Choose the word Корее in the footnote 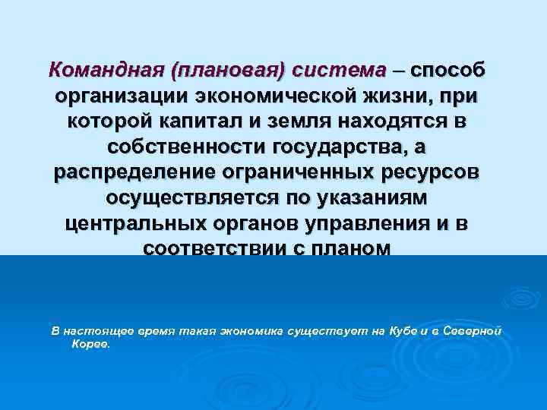coord(90,344)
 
